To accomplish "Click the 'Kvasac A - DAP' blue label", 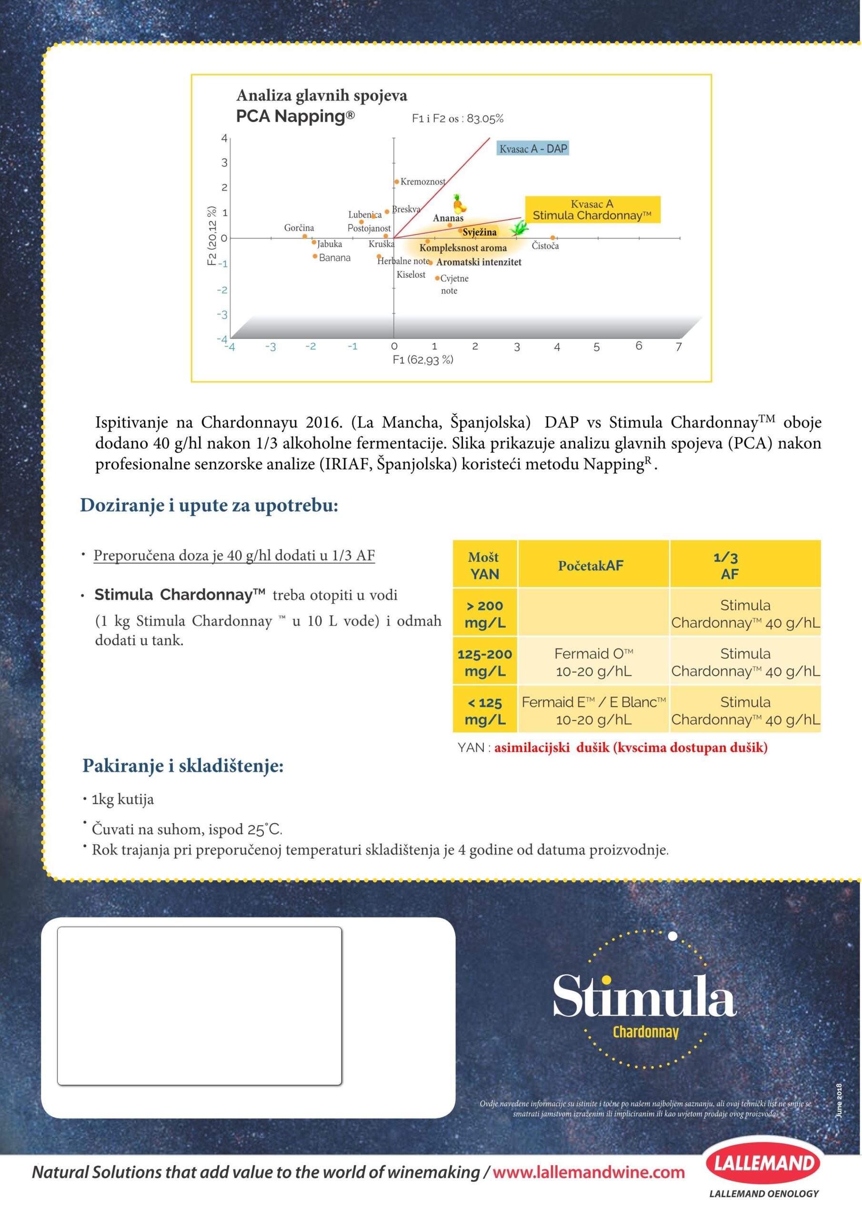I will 533,149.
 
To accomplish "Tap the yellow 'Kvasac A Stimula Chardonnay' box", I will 592,210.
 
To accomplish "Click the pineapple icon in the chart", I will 460,203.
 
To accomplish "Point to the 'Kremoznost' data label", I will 423,181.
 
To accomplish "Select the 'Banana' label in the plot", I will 335,258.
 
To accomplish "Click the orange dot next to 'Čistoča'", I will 552,238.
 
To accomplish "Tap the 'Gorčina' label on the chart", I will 299,228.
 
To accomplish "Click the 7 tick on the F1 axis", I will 678,347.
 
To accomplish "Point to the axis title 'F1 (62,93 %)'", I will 423,360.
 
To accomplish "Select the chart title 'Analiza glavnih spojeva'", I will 322,96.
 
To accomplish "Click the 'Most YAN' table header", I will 484,565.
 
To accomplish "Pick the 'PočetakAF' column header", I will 591,565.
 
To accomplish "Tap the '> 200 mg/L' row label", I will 484,614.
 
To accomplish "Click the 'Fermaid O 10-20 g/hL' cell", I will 593,662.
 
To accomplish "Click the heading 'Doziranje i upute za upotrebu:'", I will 209,505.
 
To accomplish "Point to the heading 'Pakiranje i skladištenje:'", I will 183,766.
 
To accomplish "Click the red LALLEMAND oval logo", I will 764,1163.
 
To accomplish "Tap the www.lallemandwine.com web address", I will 589,1172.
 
